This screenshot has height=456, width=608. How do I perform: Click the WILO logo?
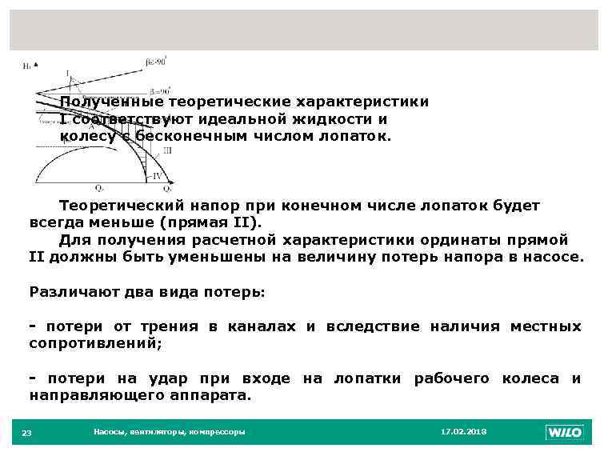(x=564, y=433)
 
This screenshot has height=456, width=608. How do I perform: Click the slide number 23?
(x=26, y=433)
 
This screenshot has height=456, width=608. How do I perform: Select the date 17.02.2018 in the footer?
(x=463, y=432)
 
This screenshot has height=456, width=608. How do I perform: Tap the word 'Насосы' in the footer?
(x=109, y=432)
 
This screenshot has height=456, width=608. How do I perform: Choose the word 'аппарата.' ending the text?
(x=215, y=395)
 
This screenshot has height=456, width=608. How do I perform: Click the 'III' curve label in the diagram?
(x=167, y=150)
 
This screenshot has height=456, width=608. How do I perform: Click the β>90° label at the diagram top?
(x=156, y=60)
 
